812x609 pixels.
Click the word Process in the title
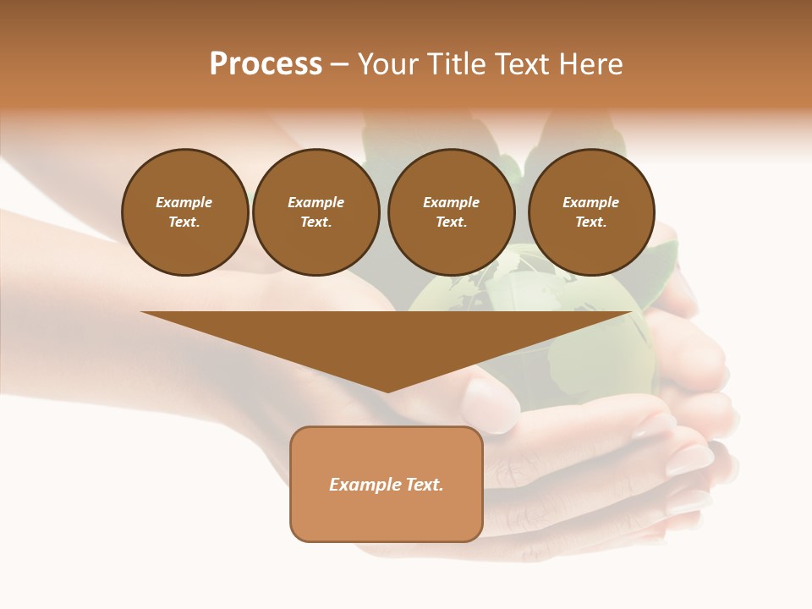coord(266,64)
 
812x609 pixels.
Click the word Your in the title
coord(389,64)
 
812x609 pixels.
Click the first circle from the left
coord(184,212)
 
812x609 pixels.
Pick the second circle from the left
coord(315,212)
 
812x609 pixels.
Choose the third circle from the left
coord(451,212)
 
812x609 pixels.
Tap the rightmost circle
coord(591,212)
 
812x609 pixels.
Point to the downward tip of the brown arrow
coord(387,390)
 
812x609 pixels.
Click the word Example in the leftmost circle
coord(184,202)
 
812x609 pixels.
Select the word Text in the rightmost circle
coord(590,222)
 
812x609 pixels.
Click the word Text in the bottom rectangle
coord(425,485)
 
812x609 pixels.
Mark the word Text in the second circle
coord(315,222)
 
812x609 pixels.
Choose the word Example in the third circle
coord(451,202)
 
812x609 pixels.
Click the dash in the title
coord(340,64)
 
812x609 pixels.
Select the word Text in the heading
coord(521,64)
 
